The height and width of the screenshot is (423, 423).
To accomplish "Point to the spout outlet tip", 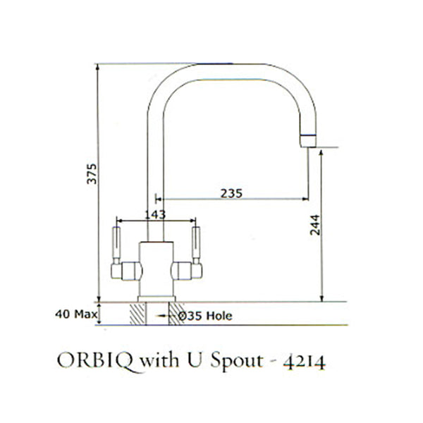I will [307, 141].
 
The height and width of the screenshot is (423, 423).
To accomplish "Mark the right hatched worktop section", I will [176, 313].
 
